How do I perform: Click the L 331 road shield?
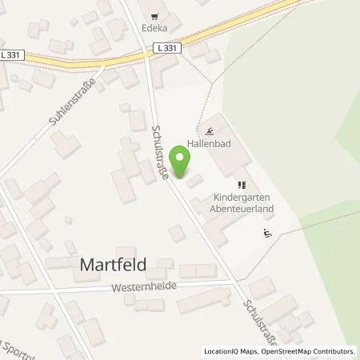pos(167,48)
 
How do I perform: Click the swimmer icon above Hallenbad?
pos(210,132)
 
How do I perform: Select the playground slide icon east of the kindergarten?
pos(266,234)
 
